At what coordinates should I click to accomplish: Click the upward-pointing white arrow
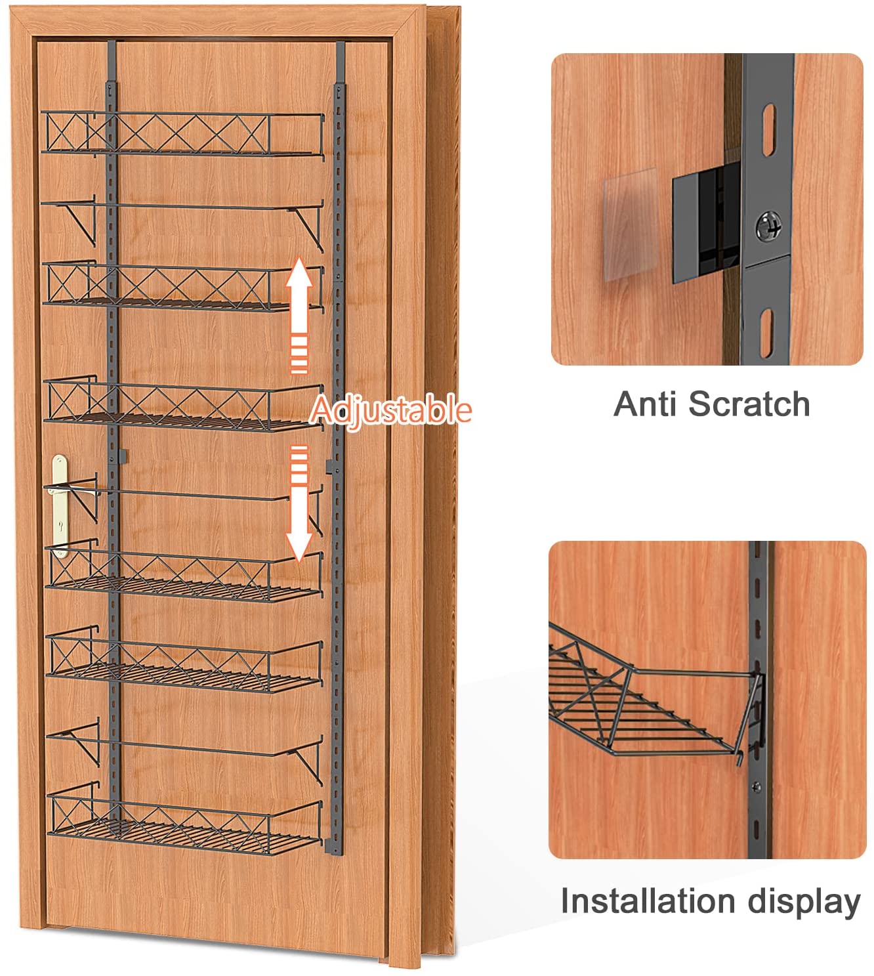pos(299,316)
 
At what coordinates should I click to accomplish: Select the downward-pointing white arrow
pos(299,503)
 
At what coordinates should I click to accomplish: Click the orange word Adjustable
pos(390,410)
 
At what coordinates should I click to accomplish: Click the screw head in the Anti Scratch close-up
pos(768,226)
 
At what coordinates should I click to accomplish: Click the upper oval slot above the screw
pos(769,129)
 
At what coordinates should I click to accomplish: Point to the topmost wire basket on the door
pos(183,135)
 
